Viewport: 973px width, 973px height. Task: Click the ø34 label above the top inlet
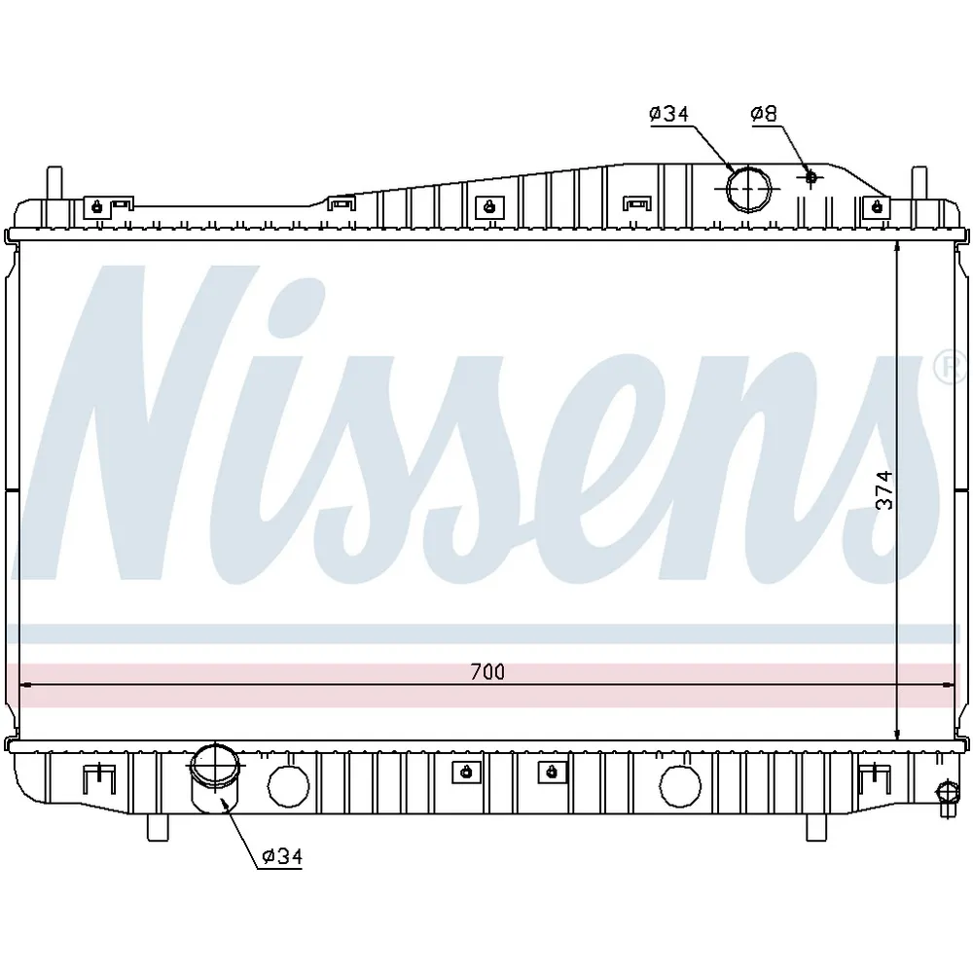[669, 114]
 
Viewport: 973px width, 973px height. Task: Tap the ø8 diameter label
[764, 114]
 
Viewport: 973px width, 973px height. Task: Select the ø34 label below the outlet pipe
[282, 856]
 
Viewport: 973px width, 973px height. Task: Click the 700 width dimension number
[487, 671]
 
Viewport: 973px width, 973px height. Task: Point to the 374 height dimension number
[884, 490]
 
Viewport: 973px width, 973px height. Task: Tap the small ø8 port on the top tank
[811, 177]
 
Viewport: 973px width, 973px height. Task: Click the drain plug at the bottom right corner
[947, 799]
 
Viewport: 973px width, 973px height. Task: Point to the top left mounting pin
[54, 184]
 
